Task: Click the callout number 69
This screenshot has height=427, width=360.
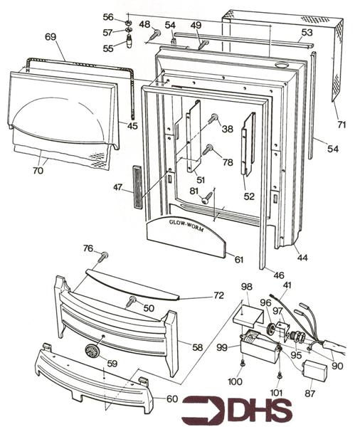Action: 51,37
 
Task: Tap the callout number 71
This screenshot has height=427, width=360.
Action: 342,125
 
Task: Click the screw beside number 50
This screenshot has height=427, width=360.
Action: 132,302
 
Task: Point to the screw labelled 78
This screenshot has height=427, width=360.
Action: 209,150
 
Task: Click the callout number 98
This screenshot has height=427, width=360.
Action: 247,286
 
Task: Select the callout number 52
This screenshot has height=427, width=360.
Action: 250,196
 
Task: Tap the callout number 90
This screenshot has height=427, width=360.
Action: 337,366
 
